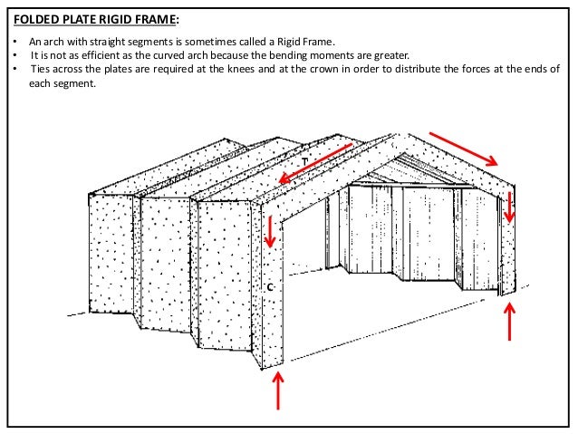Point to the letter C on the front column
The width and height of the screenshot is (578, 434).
click(270, 287)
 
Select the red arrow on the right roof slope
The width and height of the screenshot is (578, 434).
click(462, 149)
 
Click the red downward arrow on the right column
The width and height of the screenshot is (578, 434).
click(510, 207)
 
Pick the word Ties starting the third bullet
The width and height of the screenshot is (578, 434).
click(40, 68)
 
